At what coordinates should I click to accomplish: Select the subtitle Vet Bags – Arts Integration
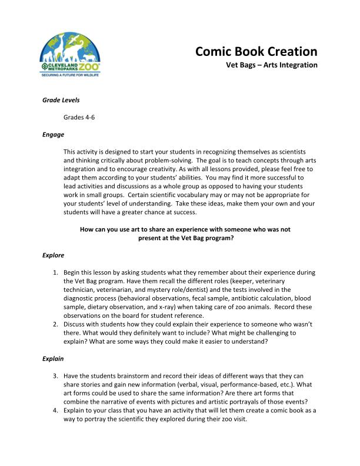pyautogui.click(x=272, y=65)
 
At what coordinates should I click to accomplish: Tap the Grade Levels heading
pyautogui.click(x=61, y=100)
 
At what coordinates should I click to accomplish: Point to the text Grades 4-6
pyautogui.click(x=79, y=117)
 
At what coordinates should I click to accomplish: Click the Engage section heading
pyautogui.click(x=53, y=134)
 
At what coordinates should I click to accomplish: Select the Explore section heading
pyautogui.click(x=54, y=255)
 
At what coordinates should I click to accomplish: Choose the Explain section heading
pyautogui.click(x=54, y=358)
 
